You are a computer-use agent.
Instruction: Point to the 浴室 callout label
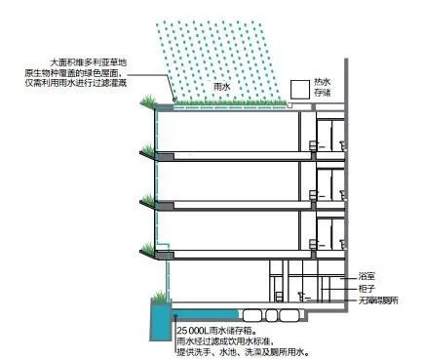(x=368, y=276)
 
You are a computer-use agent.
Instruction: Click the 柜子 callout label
(x=368, y=289)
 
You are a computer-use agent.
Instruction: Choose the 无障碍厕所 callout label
(x=377, y=302)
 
